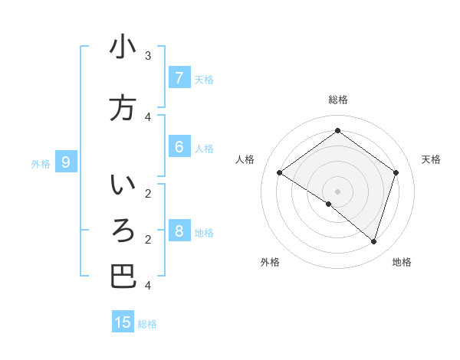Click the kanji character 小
tap(123, 47)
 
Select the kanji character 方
tap(123, 108)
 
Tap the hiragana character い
tap(123, 186)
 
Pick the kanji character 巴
tap(123, 277)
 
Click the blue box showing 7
tap(179, 77)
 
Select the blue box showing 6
tap(179, 147)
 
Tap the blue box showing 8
tap(179, 231)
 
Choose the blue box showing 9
tap(66, 162)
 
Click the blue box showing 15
tap(123, 322)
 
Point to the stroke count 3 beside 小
tap(148, 55)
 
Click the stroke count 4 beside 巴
tap(148, 285)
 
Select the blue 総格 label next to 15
tap(147, 324)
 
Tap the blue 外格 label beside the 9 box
tap(41, 163)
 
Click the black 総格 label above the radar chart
tap(337, 100)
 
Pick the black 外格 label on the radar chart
tap(270, 262)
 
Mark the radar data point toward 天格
tap(396, 172)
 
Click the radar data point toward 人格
tap(279, 172)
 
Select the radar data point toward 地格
tap(373, 241)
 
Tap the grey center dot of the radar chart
tap(337, 191)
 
